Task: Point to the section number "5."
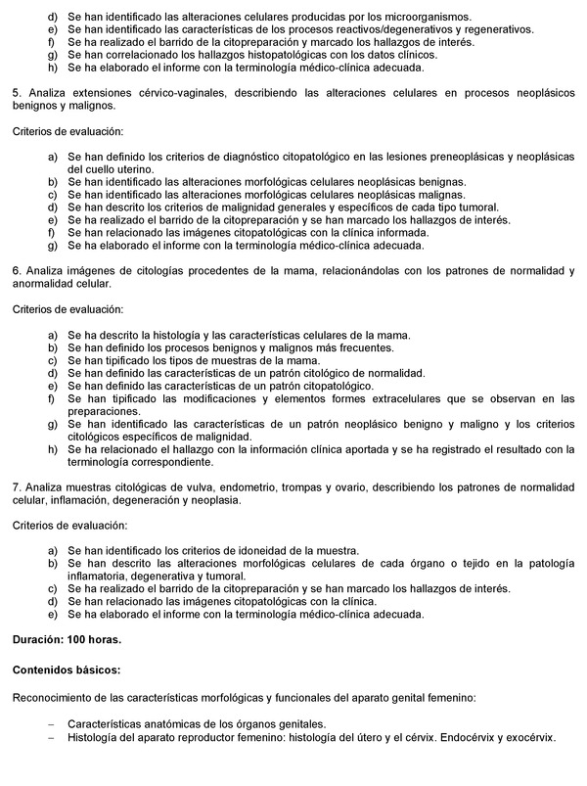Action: [16, 93]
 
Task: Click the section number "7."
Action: [16, 487]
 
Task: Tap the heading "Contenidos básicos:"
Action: [66, 672]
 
